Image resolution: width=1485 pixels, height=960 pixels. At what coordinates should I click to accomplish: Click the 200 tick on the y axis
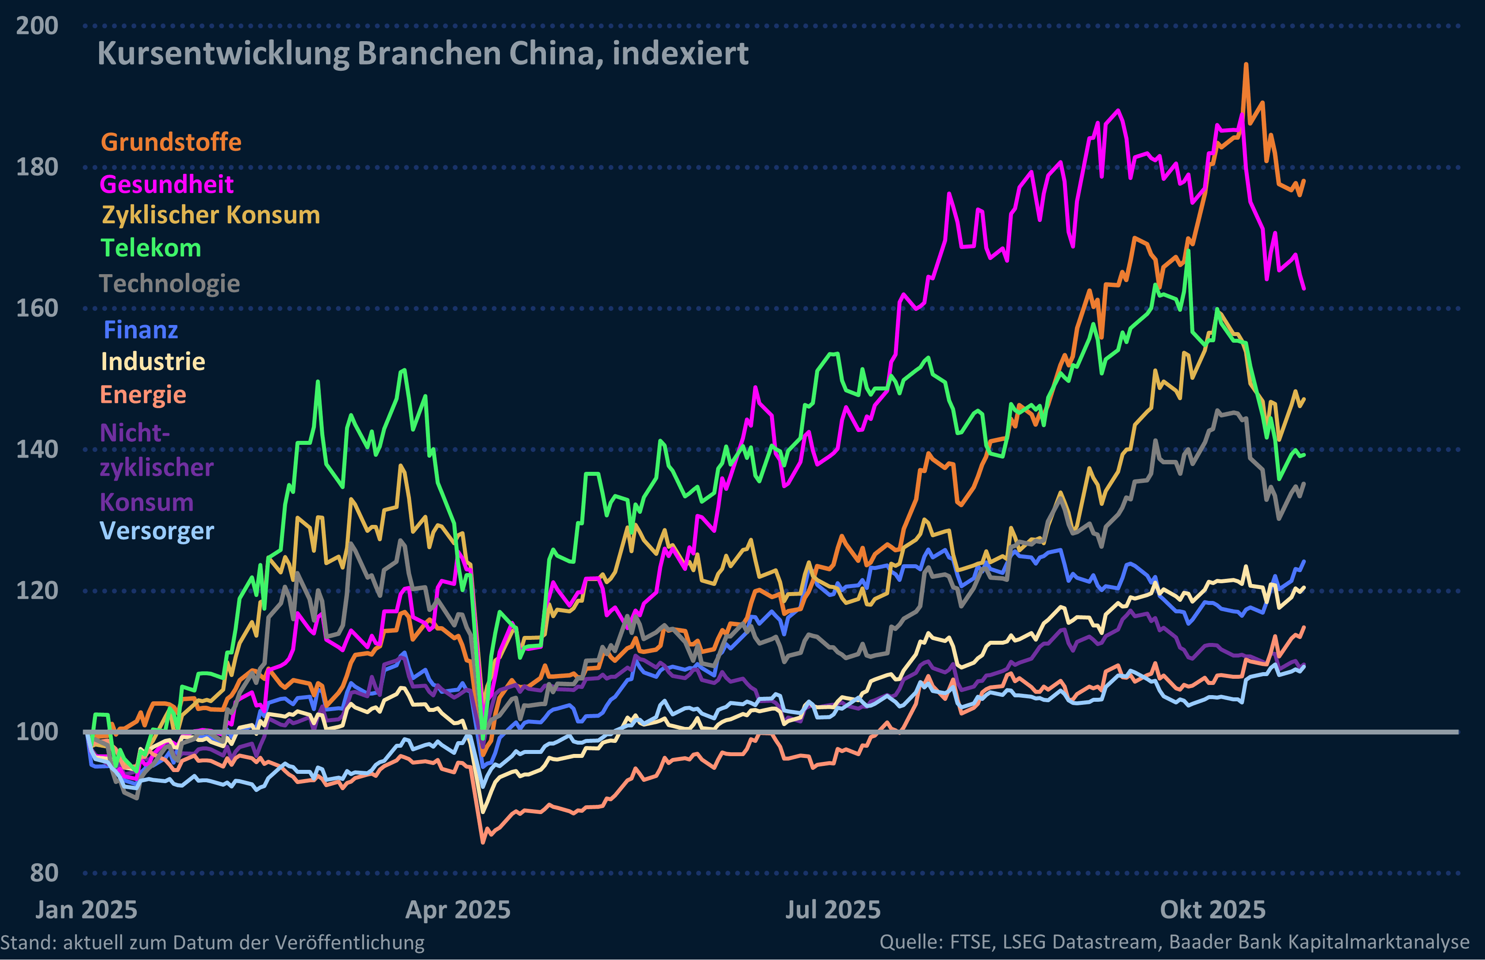tap(36, 26)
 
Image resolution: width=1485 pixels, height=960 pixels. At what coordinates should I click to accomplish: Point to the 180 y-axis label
tap(36, 167)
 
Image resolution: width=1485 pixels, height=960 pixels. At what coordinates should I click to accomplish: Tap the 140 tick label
tap(36, 449)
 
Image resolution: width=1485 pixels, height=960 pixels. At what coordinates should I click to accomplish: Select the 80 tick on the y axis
tap(44, 873)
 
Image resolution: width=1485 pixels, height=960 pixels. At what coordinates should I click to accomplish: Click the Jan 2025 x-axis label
tap(86, 910)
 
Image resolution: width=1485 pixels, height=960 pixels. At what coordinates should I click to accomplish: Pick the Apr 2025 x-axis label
tap(457, 910)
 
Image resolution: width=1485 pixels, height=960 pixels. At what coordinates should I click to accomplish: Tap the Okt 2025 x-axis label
tap(1213, 910)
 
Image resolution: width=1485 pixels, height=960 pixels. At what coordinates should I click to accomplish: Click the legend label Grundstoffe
tap(171, 142)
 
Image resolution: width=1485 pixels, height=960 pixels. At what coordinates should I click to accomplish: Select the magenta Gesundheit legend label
tap(166, 184)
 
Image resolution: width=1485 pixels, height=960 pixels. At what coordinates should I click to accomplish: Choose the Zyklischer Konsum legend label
tap(211, 215)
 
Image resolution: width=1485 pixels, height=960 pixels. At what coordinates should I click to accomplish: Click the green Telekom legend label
tap(151, 248)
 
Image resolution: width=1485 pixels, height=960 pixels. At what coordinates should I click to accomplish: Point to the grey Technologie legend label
tap(169, 283)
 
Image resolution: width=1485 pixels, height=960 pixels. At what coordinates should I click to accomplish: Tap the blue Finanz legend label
tap(141, 330)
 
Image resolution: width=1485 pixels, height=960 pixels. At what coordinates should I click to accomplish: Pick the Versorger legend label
tap(157, 531)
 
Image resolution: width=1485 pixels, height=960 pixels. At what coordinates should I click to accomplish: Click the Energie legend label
tap(143, 394)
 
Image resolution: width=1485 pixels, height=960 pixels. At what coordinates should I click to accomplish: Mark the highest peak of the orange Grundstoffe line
tap(1246, 64)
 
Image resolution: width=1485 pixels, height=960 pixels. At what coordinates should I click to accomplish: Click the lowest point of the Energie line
tap(483, 843)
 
